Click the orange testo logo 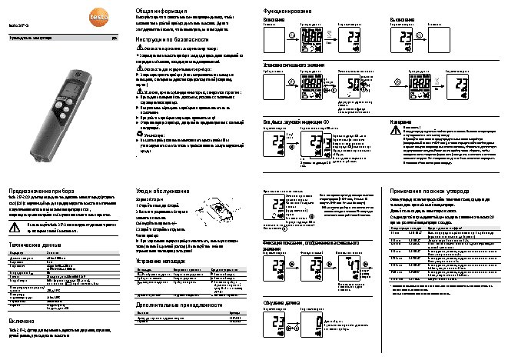tap(14, 7)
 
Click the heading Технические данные tap(35, 241)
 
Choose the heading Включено tap(24, 318)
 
